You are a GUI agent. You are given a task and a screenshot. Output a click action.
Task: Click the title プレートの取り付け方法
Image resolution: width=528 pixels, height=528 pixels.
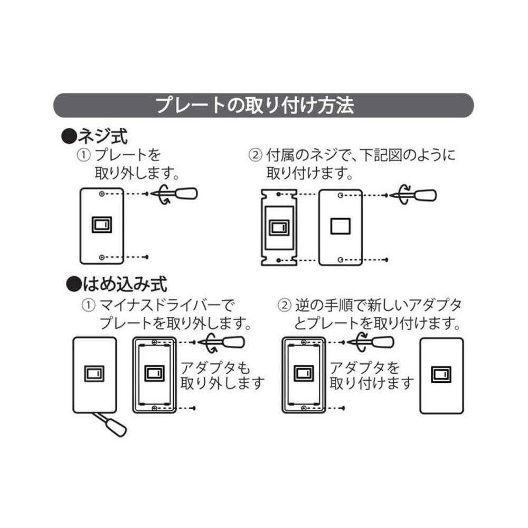pyautogui.click(x=254, y=106)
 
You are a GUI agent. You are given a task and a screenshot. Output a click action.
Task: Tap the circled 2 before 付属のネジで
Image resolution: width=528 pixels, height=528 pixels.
pyautogui.click(x=255, y=155)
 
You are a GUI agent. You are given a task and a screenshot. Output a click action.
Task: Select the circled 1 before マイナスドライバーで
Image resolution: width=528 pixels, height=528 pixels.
pyautogui.click(x=88, y=305)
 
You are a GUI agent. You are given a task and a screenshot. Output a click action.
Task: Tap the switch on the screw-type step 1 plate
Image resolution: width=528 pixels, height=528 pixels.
pyautogui.click(x=102, y=225)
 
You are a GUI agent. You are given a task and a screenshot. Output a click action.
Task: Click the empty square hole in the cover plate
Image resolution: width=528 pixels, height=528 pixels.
pyautogui.click(x=340, y=226)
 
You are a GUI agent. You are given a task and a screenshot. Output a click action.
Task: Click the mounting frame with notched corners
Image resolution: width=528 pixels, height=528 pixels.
pyautogui.click(x=279, y=227)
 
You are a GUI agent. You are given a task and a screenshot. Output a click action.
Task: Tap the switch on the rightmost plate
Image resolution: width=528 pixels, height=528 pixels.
pyautogui.click(x=441, y=374)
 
